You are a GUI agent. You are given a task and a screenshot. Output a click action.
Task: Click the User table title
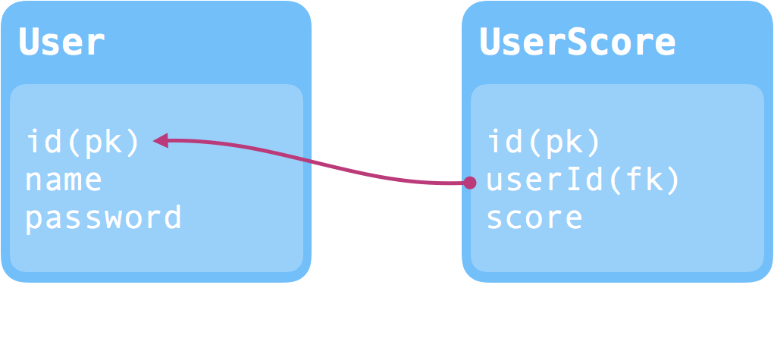tap(61, 42)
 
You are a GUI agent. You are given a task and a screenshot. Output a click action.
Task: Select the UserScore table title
tap(577, 42)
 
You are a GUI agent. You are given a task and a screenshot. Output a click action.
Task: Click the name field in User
tap(64, 180)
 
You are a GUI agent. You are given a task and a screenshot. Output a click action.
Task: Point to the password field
tap(103, 218)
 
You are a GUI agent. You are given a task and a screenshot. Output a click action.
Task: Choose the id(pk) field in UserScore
tap(544, 142)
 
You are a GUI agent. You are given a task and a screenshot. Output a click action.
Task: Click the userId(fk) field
tap(583, 180)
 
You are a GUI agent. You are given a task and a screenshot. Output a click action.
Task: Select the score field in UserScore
tap(534, 218)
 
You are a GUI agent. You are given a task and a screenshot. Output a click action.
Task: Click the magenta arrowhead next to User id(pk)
tap(161, 140)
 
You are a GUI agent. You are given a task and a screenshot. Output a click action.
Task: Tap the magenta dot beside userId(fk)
tap(470, 182)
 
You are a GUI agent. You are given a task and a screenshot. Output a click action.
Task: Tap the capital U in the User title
tap(29, 42)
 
